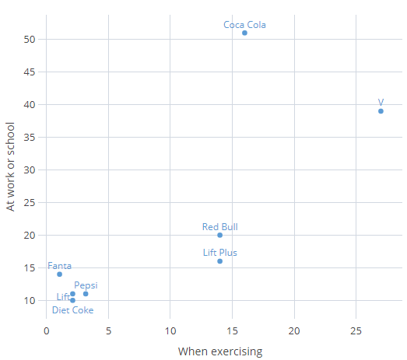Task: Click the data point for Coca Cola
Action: point(244,33)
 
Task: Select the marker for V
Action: point(381,111)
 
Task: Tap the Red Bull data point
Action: point(219,235)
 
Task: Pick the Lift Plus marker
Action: point(219,261)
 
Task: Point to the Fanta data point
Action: point(59,274)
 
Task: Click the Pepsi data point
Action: point(86,294)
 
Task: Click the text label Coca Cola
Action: point(244,24)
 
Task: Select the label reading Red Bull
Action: point(219,227)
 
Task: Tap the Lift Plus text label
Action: point(219,253)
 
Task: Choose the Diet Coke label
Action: point(72,310)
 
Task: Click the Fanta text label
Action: point(59,266)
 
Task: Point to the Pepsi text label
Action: point(86,285)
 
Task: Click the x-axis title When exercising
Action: point(220,351)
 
